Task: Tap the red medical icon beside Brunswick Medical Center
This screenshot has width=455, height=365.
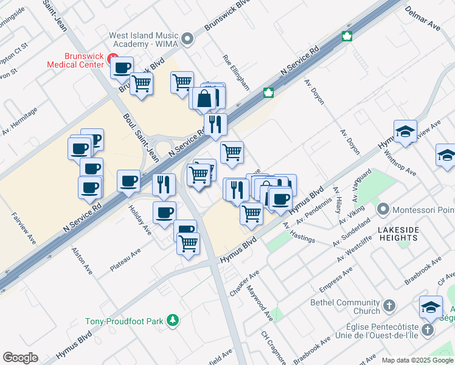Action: [x=112, y=58]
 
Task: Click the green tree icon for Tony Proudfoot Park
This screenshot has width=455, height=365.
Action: [x=173, y=319]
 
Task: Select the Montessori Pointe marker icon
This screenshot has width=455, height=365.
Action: [x=383, y=210]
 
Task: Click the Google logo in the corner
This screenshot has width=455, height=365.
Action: [x=20, y=358]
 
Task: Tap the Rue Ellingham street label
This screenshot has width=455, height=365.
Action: [x=236, y=74]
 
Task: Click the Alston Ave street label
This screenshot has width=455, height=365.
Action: [x=82, y=260]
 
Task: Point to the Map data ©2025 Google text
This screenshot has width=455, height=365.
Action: [x=417, y=360]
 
